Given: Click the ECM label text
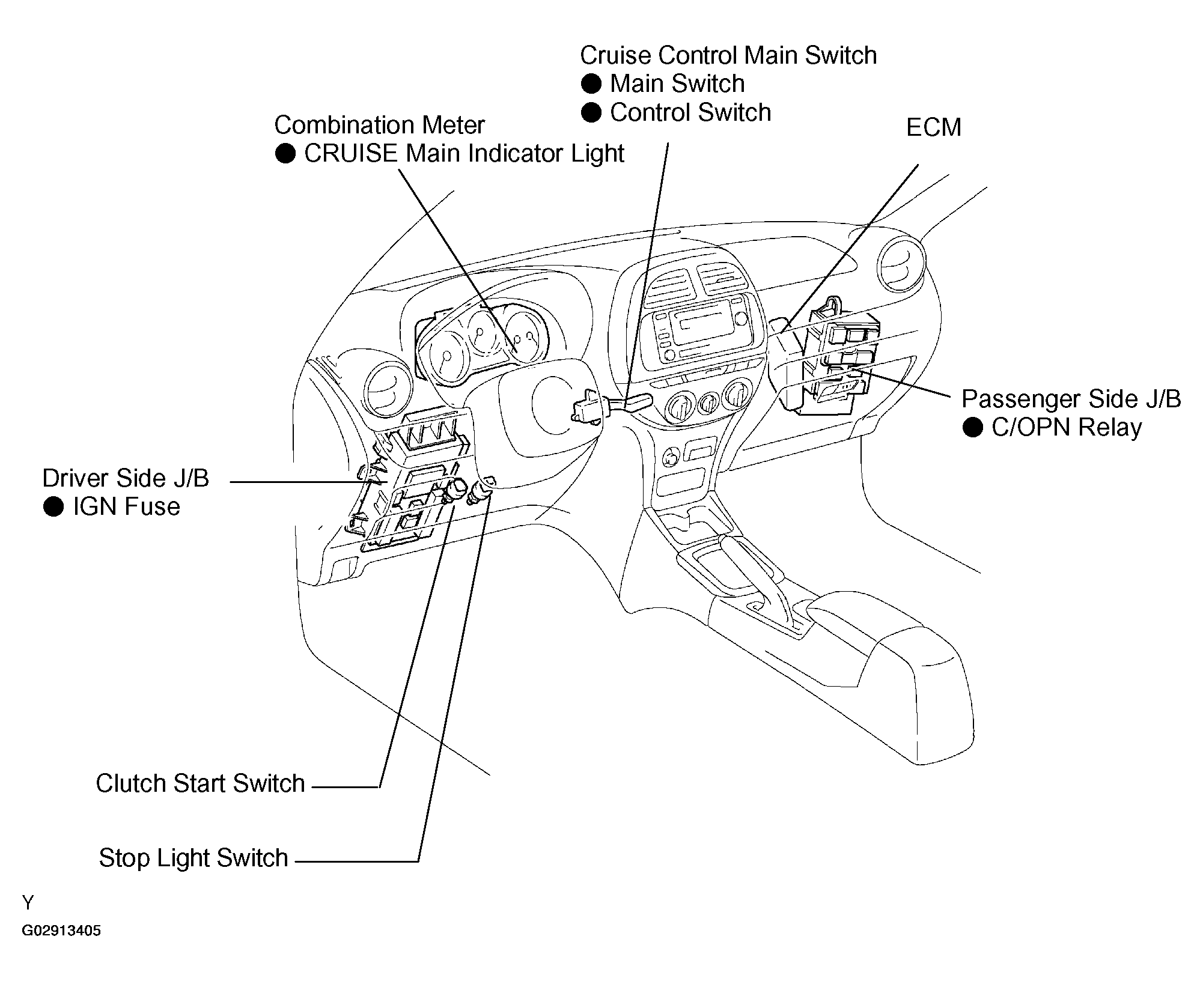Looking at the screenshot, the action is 933,127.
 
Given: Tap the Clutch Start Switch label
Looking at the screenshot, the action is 200,783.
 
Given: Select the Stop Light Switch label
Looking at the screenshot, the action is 193,858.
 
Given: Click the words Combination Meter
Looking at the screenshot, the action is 379,125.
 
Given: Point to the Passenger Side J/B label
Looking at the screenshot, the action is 1071,399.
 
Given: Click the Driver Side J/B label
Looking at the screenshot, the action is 126,478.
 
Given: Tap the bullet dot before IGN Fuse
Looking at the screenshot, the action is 53,507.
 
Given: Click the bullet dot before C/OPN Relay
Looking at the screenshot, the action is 972,428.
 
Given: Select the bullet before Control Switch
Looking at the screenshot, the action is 591,112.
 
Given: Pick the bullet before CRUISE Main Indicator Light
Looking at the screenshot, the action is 285,153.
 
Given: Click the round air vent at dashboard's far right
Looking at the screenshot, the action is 901,263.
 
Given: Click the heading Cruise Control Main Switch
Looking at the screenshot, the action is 728,55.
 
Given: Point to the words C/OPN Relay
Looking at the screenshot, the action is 1066,428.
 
